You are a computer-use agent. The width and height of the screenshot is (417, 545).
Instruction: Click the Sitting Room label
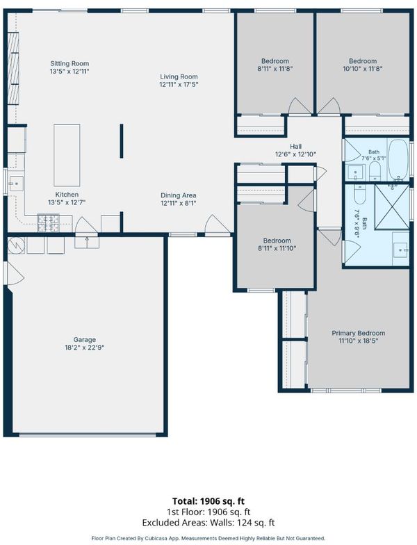[69, 64]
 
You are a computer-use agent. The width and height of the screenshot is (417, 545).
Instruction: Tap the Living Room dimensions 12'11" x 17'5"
[179, 85]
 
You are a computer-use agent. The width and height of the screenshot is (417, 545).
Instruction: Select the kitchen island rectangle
[67, 155]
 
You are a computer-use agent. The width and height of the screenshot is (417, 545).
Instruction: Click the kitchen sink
[17, 184]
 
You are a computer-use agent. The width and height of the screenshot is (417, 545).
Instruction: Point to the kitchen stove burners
[48, 223]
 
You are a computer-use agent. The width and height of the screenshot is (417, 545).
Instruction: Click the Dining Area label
[178, 196]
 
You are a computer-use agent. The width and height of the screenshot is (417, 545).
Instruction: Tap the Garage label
[85, 339]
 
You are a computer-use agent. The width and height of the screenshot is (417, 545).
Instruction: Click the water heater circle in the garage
[16, 245]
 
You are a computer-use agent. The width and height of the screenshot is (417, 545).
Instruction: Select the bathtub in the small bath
[398, 160]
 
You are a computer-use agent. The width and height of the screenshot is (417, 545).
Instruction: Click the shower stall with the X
[392, 207]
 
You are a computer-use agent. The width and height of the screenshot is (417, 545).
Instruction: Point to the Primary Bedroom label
[359, 333]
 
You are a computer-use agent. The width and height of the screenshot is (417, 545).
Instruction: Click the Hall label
[296, 146]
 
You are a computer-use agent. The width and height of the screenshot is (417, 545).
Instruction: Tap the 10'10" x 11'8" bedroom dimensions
[363, 69]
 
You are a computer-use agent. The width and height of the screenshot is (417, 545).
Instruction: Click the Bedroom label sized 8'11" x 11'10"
[277, 241]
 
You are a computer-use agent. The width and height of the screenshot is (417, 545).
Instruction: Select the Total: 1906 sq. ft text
[208, 501]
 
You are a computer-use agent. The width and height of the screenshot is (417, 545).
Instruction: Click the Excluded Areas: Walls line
[208, 523]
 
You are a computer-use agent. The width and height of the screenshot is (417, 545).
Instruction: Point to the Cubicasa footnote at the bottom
[208, 538]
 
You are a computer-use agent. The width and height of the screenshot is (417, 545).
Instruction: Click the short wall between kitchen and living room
[121, 140]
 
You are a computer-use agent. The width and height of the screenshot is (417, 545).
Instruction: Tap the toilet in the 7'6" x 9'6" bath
[360, 194]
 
